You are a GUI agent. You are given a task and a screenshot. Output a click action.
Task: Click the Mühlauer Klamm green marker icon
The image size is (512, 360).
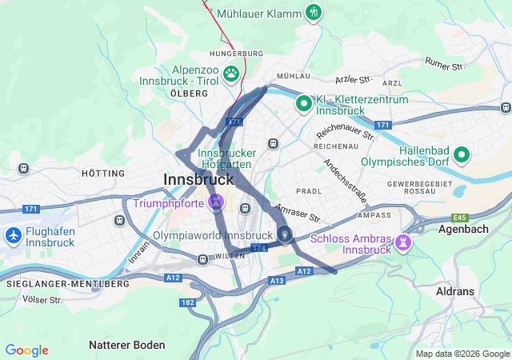pyautogui.click(x=314, y=12)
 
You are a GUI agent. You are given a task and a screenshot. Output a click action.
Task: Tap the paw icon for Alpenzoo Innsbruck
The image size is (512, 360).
pyautogui.click(x=231, y=74)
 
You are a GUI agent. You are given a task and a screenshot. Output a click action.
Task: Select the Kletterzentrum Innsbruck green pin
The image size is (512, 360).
pyautogui.click(x=304, y=103)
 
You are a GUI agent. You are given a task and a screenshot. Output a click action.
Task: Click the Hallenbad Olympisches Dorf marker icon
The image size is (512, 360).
pyautogui.click(x=462, y=154)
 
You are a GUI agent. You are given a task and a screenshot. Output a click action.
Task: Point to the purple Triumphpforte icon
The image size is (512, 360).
pyautogui.click(x=215, y=203)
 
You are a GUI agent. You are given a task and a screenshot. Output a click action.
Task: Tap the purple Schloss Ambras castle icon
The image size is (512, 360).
pyautogui.click(x=404, y=241)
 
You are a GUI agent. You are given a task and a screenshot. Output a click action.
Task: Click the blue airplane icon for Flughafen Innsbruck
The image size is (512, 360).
pyautogui.click(x=13, y=236)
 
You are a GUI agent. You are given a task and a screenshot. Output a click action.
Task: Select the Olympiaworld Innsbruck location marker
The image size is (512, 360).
pyautogui.click(x=286, y=234)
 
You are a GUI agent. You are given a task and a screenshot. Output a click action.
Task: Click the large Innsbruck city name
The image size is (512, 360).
pyautogui.click(x=198, y=179)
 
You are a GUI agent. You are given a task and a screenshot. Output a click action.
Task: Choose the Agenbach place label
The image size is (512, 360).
pyautogui.click(x=463, y=228)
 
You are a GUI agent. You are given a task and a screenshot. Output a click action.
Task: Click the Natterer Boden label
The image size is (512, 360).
pyautogui.click(x=127, y=345)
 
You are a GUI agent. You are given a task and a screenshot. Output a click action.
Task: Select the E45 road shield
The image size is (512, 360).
pyautogui.click(x=459, y=218)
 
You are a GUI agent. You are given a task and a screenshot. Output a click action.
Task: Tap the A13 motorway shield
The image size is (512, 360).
pyautogui.click(x=277, y=281)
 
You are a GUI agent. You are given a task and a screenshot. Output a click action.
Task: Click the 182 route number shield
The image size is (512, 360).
pyautogui.click(x=187, y=302)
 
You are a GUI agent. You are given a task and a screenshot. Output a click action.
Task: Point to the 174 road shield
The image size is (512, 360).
pyautogui.click(x=258, y=250)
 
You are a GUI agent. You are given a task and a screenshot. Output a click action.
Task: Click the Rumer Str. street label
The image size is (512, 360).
pyautogui.click(x=445, y=63)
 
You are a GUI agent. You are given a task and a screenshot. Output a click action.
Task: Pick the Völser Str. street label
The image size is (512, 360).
pyautogui.click(x=43, y=300)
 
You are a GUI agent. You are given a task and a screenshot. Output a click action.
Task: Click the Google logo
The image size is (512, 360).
pyautogui.click(x=26, y=350)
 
